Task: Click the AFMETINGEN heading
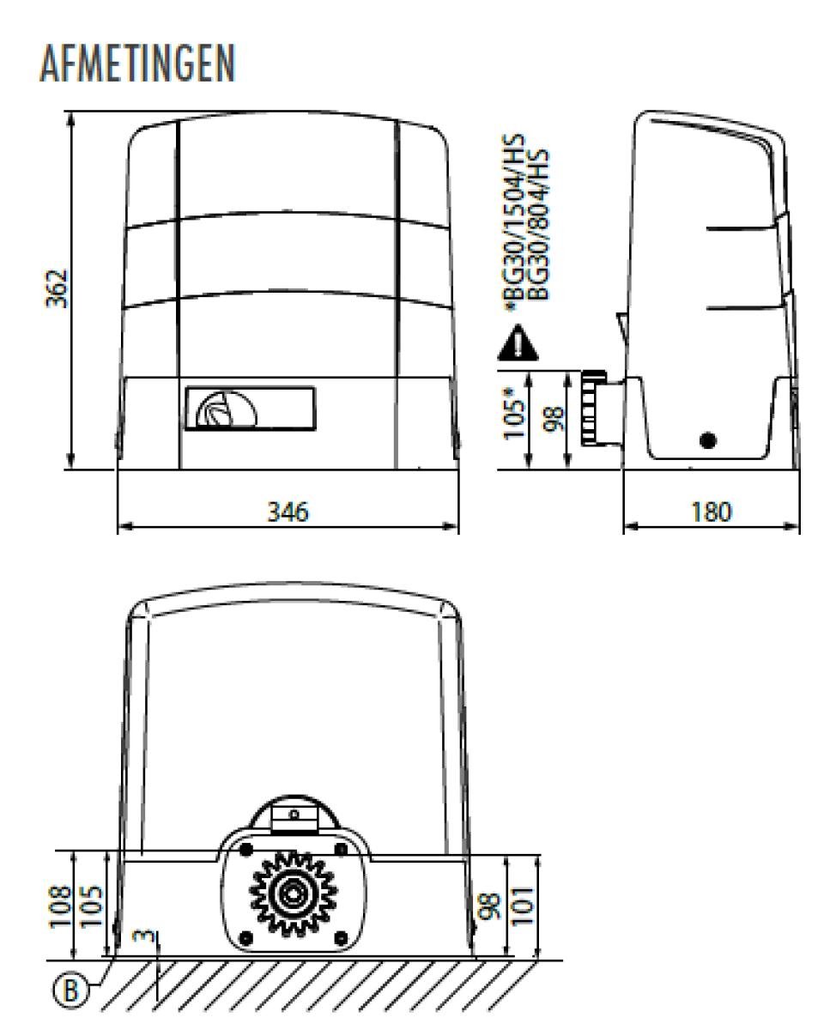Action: coord(137,64)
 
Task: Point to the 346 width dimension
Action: coord(288,512)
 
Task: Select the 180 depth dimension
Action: coord(712,512)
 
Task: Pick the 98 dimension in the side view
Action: coord(553,419)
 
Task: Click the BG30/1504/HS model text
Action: coord(513,222)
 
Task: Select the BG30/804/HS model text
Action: coord(537,224)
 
